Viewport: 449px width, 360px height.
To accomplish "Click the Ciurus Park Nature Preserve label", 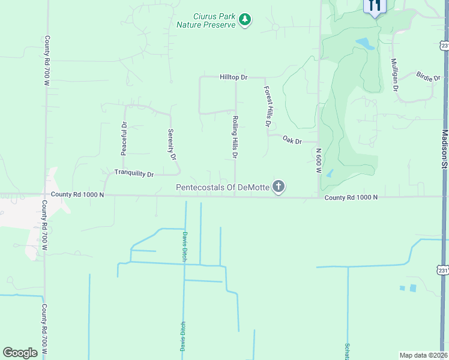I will click(x=205, y=20).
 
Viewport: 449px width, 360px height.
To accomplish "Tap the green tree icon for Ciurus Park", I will click(x=244, y=20).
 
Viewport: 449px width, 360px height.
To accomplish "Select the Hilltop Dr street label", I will click(x=234, y=77).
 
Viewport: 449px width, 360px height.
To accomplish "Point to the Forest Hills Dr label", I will click(x=268, y=106).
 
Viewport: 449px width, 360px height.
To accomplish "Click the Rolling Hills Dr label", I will click(x=235, y=137).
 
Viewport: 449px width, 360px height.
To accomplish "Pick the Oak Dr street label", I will click(x=292, y=140).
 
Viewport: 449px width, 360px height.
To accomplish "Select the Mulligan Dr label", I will click(x=395, y=74).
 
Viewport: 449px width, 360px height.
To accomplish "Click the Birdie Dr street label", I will click(x=428, y=76).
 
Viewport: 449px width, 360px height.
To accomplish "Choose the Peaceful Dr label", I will click(x=124, y=139).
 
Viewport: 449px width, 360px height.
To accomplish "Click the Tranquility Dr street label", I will click(x=134, y=173).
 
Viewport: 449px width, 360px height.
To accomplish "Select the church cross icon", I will click(x=278, y=187).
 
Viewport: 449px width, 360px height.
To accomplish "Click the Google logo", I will click(x=20, y=353).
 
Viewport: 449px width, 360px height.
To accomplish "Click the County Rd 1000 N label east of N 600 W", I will click(x=351, y=197).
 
